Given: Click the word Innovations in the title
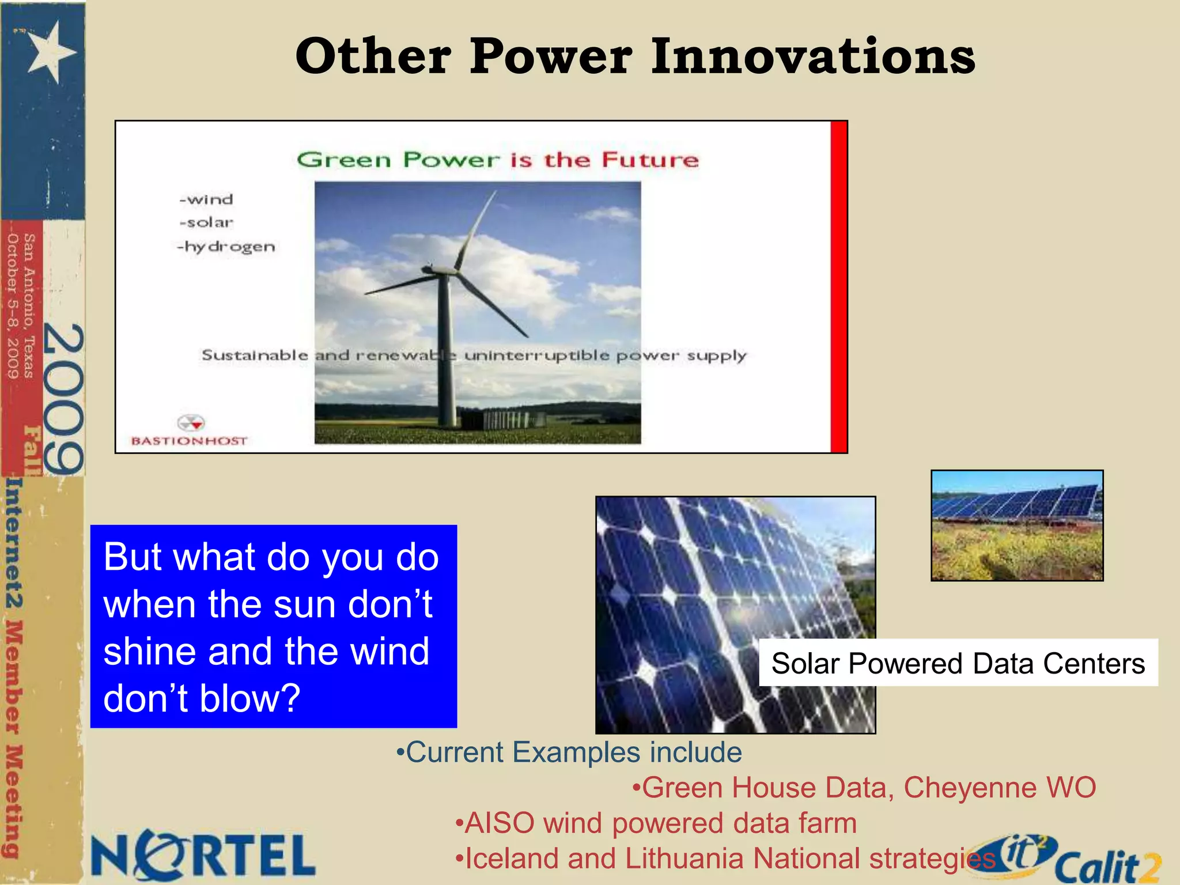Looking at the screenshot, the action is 813,56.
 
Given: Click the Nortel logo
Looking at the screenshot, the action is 203,856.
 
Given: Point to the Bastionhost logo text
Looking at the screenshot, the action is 189,441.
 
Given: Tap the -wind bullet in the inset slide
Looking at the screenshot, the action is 206,199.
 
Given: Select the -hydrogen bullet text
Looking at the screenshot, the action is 226,247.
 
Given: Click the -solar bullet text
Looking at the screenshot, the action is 206,222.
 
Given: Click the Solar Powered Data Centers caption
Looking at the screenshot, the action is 958,663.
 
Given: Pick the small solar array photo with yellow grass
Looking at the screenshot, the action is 1017,525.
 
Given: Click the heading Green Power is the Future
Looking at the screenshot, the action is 498,160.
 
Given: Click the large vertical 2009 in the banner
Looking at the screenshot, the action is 63,399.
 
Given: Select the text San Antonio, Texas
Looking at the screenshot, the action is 29,305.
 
